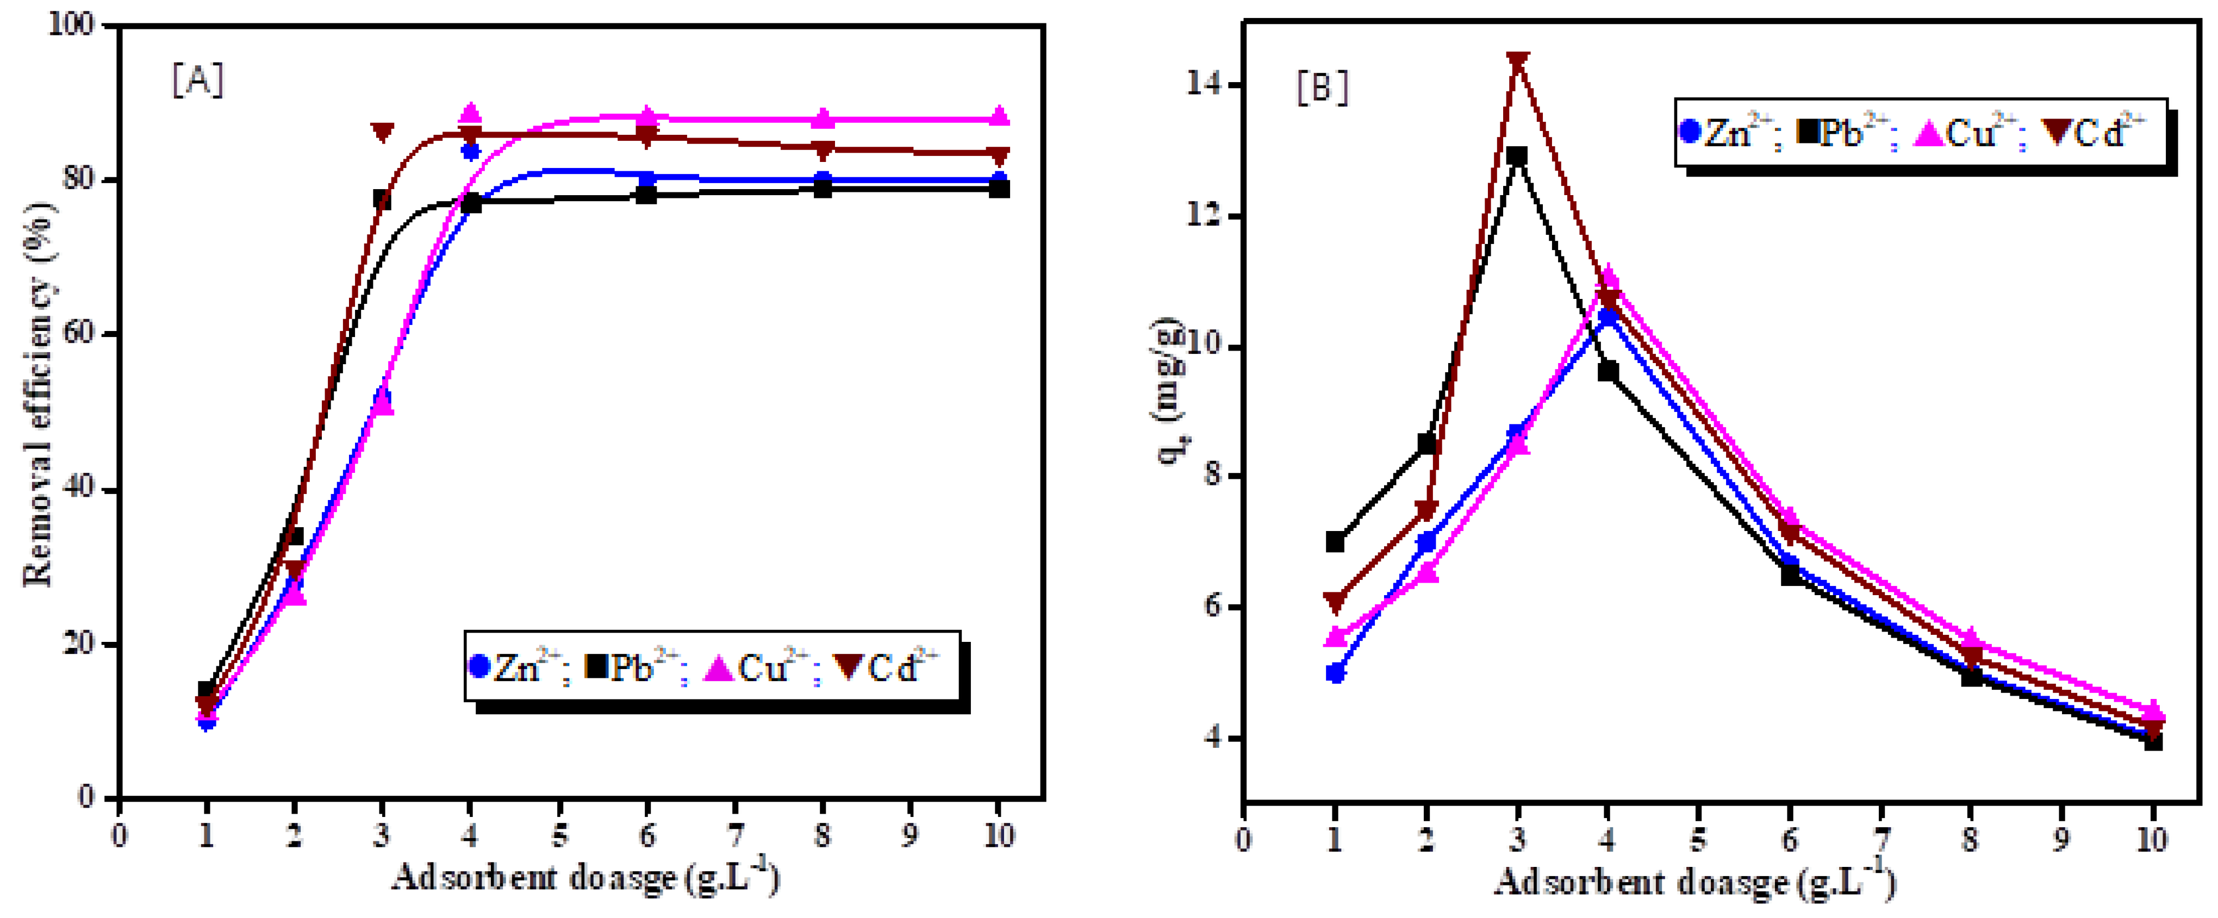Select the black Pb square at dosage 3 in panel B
point(1517,157)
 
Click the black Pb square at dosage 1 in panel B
point(1335,542)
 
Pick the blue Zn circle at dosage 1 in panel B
point(1335,672)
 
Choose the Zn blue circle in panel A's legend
point(479,666)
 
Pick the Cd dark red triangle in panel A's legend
point(851,666)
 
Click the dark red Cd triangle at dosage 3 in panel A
point(382,132)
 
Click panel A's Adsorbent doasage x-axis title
point(585,878)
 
